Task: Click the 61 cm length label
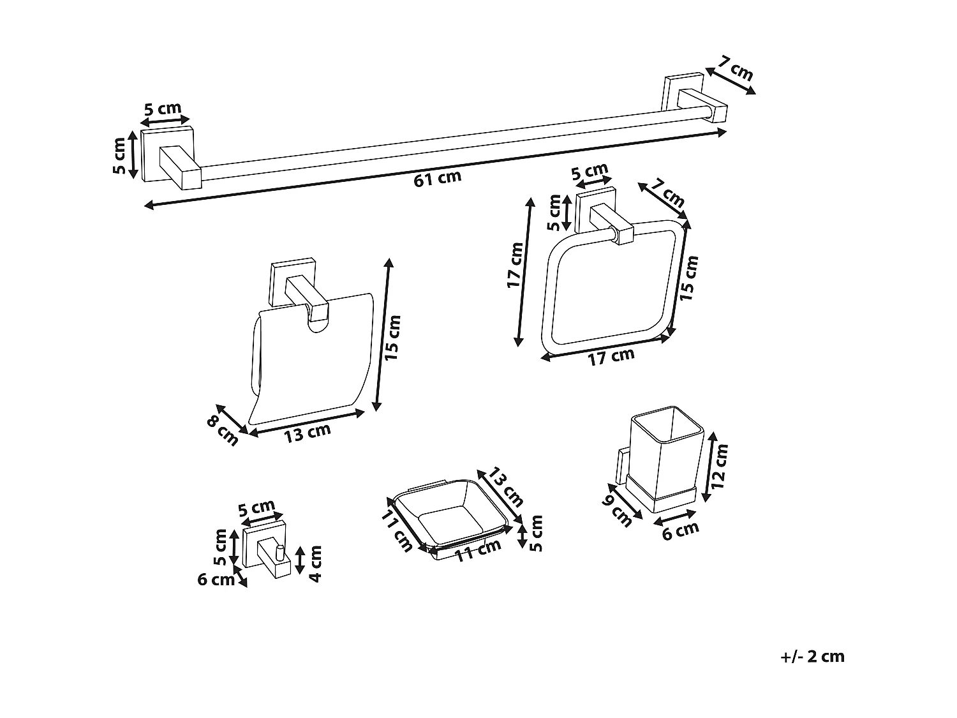[x=437, y=178]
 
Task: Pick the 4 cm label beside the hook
[x=315, y=563]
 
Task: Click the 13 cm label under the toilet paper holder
[x=308, y=433]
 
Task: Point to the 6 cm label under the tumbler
[x=680, y=530]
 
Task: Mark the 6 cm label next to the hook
[x=216, y=580]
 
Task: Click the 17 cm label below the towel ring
[x=611, y=356]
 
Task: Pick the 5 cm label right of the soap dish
[x=536, y=533]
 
